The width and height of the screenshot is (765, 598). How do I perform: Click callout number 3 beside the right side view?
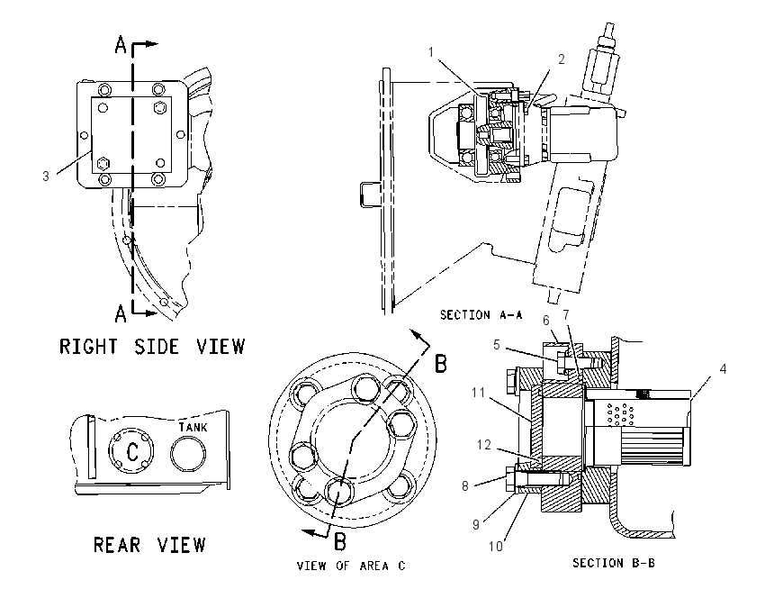pos(46,177)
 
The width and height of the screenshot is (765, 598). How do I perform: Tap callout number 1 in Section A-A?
pos(431,51)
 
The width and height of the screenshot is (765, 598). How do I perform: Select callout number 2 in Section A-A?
pos(562,59)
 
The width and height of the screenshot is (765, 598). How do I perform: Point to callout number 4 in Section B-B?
pos(723,369)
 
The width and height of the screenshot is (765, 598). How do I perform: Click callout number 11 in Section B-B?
pos(478,392)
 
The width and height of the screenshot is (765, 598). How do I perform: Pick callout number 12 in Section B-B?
pos(484,445)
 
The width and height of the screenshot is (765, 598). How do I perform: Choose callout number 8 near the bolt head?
pos(465,485)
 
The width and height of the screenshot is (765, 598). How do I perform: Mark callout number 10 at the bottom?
pos(496,547)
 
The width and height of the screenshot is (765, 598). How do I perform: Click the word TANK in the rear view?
pos(193,427)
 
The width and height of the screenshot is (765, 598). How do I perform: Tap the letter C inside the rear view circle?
pos(132,451)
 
